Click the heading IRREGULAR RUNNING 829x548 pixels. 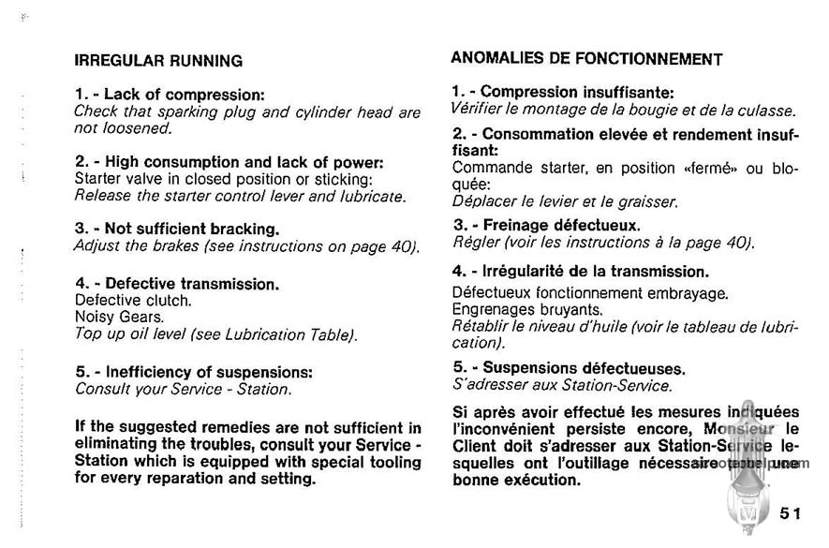pyautogui.click(x=158, y=62)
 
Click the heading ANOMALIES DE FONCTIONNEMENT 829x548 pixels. pyautogui.click(x=585, y=58)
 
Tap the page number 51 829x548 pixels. pyautogui.click(x=790, y=512)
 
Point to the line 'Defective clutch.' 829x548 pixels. pyautogui.click(x=132, y=301)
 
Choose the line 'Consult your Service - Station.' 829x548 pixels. pyautogui.click(x=183, y=388)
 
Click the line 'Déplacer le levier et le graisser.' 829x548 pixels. pyautogui.click(x=565, y=200)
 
